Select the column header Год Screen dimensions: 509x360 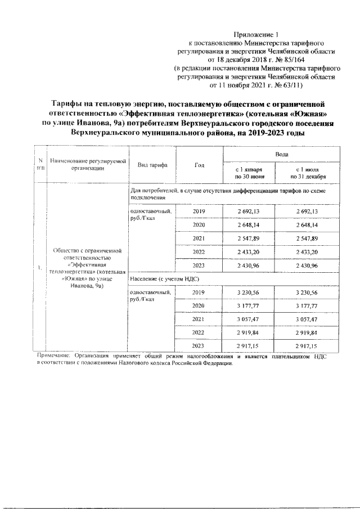[x=199, y=165]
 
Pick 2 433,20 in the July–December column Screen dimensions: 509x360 [x=308, y=252]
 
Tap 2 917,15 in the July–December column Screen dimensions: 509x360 [x=308, y=346]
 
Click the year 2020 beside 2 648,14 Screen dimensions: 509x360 [x=199, y=225]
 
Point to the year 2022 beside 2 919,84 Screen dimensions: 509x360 [x=199, y=332]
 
